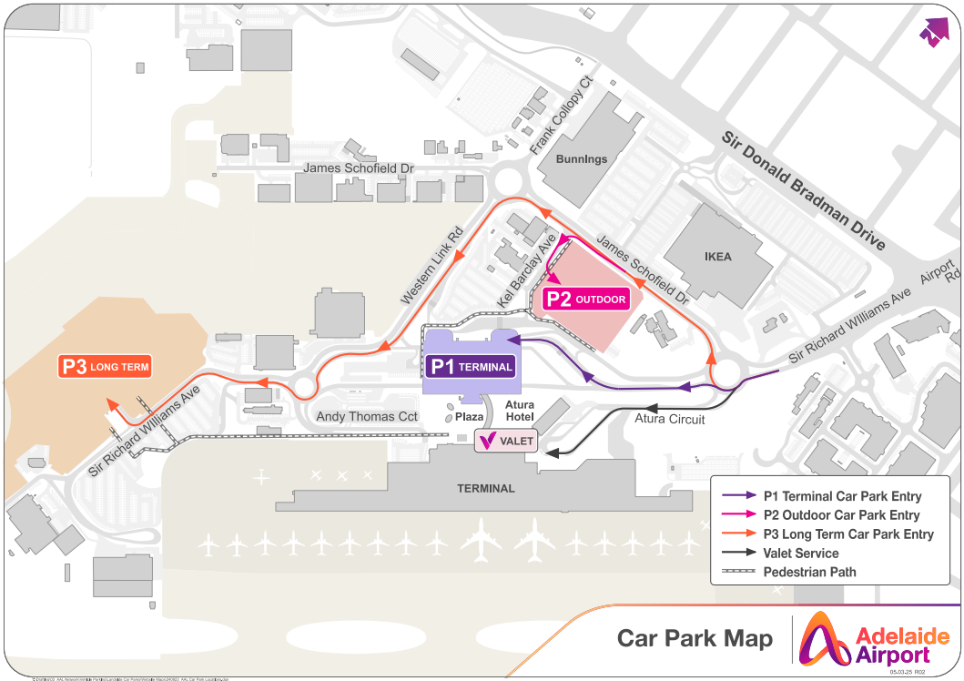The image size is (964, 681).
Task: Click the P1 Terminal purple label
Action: click(x=472, y=367)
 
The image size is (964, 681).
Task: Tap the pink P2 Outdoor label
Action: click(x=586, y=299)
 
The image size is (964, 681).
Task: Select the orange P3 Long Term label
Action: click(x=104, y=367)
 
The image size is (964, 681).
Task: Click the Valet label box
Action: click(x=506, y=441)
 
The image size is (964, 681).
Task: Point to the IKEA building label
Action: click(x=717, y=257)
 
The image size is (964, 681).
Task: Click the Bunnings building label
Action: click(x=581, y=159)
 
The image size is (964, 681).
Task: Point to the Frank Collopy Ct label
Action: click(x=561, y=116)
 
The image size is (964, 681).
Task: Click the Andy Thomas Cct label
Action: click(x=366, y=417)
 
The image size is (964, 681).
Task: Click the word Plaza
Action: click(x=469, y=417)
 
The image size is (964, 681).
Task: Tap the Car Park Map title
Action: click(x=695, y=638)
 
